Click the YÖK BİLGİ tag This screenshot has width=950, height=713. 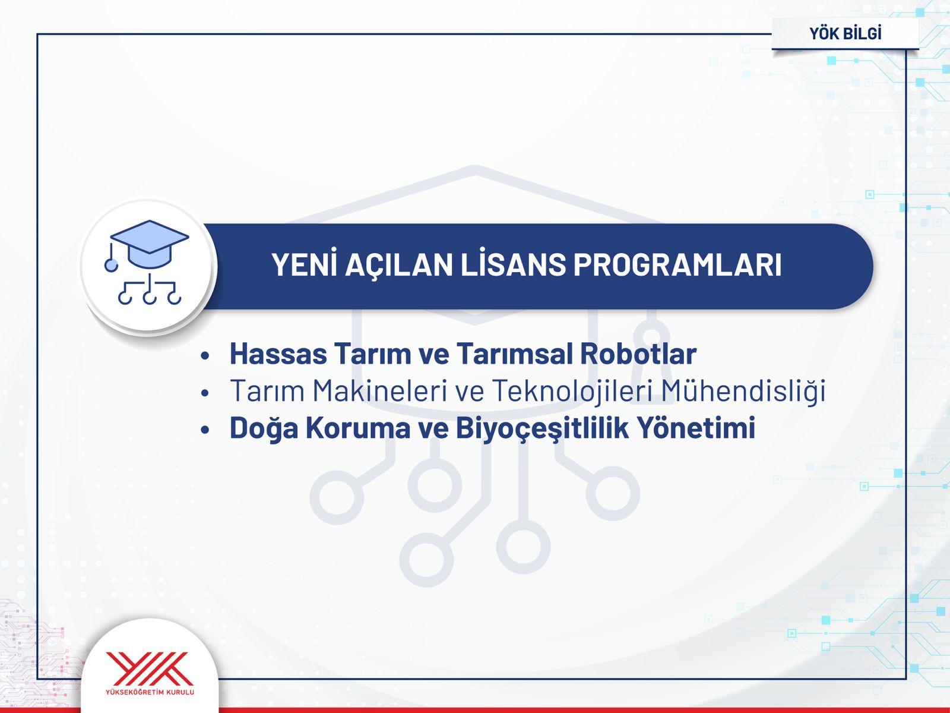tap(845, 34)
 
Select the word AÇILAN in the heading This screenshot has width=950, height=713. tap(399, 265)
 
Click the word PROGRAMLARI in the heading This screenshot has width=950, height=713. tap(677, 265)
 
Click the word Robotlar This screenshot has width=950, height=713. tap(638, 354)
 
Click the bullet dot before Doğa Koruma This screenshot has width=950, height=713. tap(205, 430)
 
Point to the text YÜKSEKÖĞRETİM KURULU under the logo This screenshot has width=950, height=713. tap(150, 692)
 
